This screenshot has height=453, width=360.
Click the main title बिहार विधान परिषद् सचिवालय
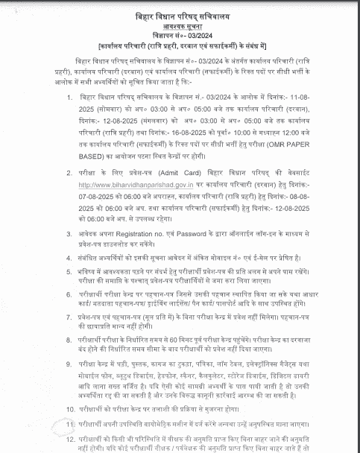coord(180,10)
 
